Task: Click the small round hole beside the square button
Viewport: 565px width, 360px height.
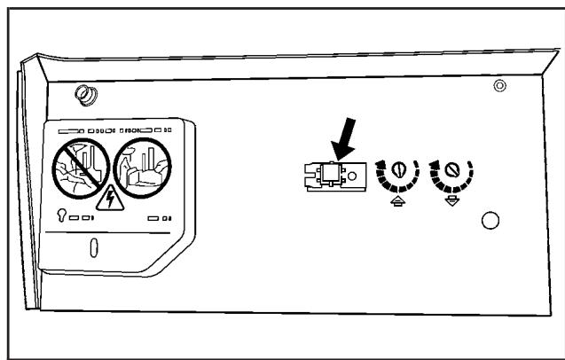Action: (x=354, y=176)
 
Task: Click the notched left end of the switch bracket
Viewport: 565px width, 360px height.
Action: (x=308, y=176)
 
